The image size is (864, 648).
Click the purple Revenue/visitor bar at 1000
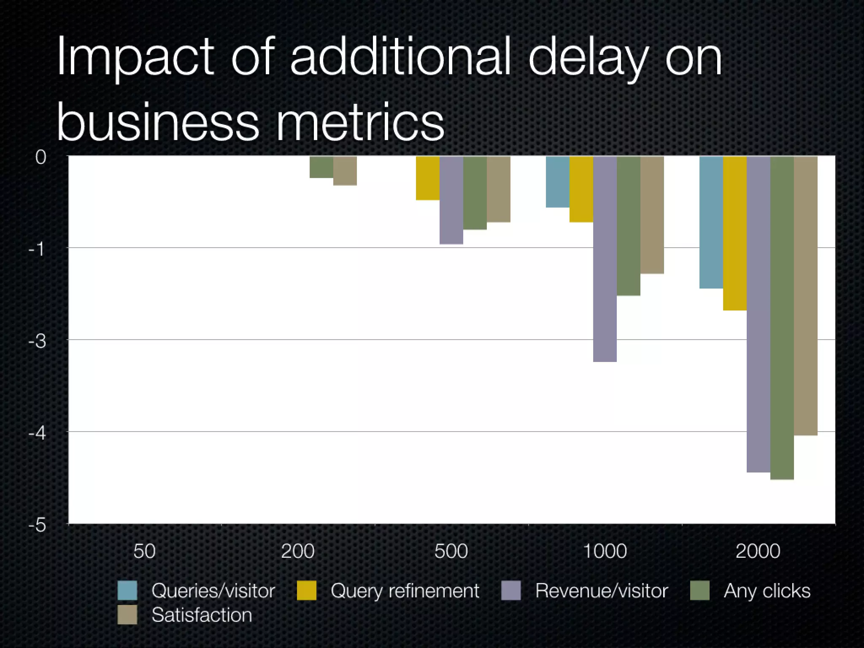[x=605, y=259]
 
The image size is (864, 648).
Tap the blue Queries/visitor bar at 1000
[x=557, y=182]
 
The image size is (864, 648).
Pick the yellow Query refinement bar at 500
[x=427, y=178]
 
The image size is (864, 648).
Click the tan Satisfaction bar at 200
[x=345, y=171]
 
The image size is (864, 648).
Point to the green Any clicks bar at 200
[x=321, y=167]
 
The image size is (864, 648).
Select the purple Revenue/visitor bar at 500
[x=451, y=200]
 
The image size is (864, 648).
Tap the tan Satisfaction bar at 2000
[x=805, y=295]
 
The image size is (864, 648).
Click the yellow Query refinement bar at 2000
[x=734, y=233]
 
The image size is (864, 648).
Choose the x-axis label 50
[x=144, y=551]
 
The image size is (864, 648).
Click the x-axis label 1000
[x=605, y=551]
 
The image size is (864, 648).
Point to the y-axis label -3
[x=37, y=341]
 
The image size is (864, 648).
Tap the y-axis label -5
[x=37, y=525]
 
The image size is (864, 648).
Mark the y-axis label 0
[x=40, y=157]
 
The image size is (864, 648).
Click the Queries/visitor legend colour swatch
[x=127, y=590]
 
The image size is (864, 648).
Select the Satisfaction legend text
[x=202, y=615]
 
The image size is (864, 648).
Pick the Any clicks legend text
[x=767, y=591]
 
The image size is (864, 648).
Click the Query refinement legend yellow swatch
[x=306, y=590]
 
